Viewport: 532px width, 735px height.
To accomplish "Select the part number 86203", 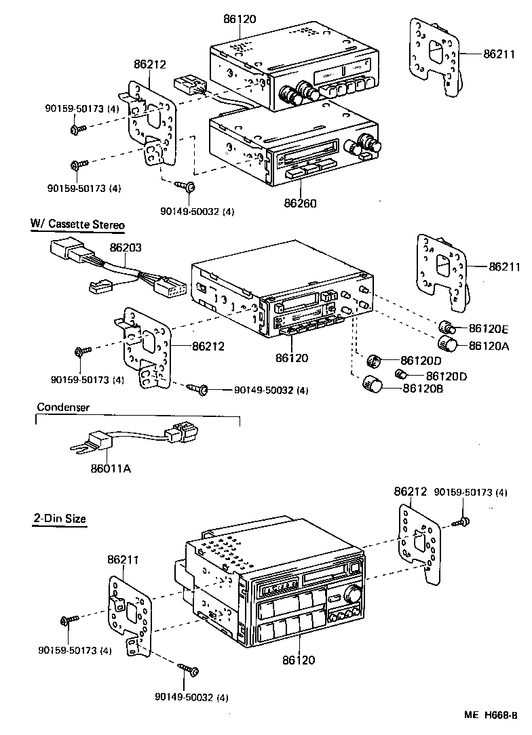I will pyautogui.click(x=127, y=248).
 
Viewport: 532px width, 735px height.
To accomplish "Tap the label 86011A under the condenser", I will pyautogui.click(x=112, y=467).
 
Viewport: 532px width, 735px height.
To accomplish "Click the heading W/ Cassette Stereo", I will pyautogui.click(x=77, y=224).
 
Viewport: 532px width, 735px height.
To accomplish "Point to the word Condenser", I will pyautogui.click(x=63, y=408).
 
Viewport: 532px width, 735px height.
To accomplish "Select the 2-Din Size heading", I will pyautogui.click(x=60, y=519).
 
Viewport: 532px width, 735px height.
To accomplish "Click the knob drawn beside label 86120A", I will pyautogui.click(x=448, y=343).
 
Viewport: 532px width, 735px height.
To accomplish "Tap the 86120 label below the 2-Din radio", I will pyautogui.click(x=299, y=659).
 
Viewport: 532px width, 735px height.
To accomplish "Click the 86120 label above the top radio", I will pyautogui.click(x=240, y=19).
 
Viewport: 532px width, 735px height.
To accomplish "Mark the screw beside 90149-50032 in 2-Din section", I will pyautogui.click(x=189, y=670).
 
